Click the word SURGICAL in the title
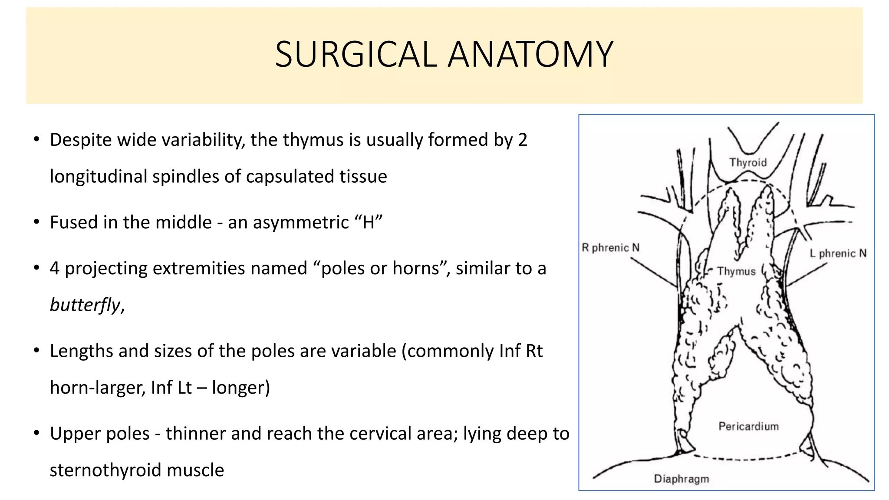[x=356, y=55]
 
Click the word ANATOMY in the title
[x=530, y=55]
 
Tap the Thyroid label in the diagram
[x=748, y=162]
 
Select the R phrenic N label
[x=610, y=247]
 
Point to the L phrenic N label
[x=838, y=253]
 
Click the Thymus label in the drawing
[x=736, y=271]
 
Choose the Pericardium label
[x=748, y=426]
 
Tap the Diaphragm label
[x=682, y=479]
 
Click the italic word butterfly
[x=85, y=305]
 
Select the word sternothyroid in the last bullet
[x=105, y=470]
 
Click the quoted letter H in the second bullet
[x=368, y=222]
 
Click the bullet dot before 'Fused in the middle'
[x=37, y=222]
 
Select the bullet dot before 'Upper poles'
[x=37, y=433]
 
